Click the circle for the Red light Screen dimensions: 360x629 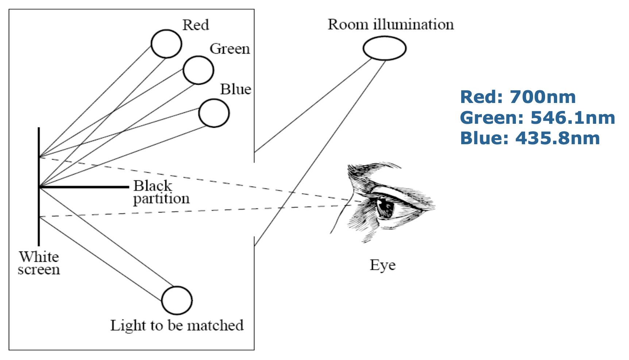(166, 44)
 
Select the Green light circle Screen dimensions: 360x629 (198, 70)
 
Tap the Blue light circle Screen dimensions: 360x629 (214, 113)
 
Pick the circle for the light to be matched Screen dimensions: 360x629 (177, 300)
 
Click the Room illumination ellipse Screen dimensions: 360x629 (385, 48)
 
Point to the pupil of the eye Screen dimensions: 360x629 (385, 207)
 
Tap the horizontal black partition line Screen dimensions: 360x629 (84, 187)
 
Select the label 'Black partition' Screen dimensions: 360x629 (161, 192)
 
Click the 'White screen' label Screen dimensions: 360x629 (39, 263)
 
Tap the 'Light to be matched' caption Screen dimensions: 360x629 (177, 325)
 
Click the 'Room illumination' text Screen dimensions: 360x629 (391, 24)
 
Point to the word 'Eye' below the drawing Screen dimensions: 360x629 (382, 265)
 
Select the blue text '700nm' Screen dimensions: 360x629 (542, 97)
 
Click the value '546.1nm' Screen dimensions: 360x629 (572, 118)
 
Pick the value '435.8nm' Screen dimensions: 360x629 (557, 138)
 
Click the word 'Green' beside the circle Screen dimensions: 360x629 (229, 49)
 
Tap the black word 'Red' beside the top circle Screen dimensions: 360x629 (196, 25)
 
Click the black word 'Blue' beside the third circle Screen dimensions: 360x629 (236, 89)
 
